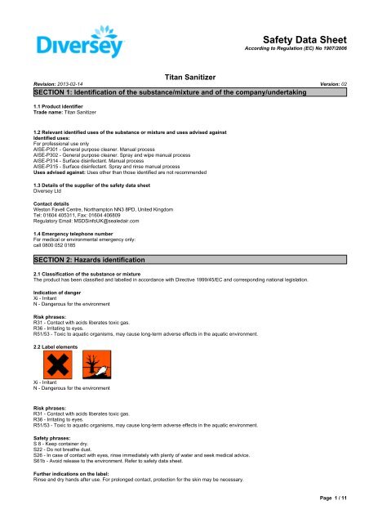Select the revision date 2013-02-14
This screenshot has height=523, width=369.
(x=69, y=83)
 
